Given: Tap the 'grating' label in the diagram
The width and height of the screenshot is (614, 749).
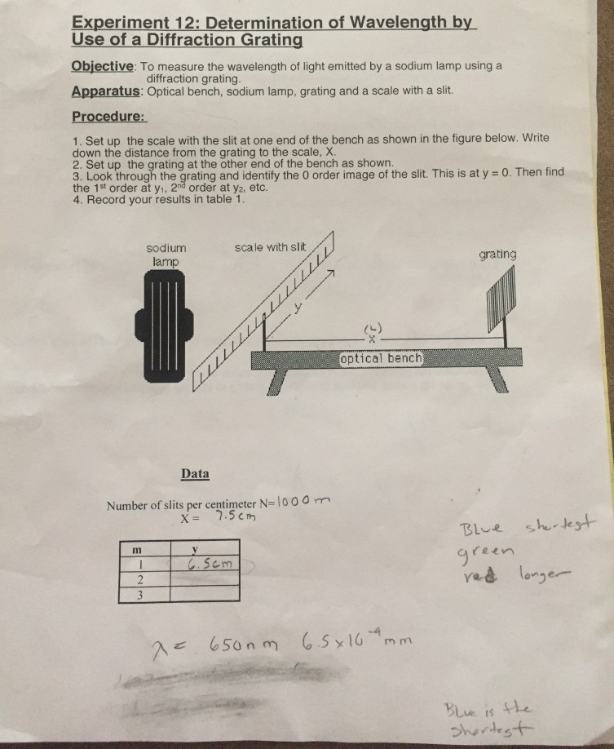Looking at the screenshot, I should coord(497,255).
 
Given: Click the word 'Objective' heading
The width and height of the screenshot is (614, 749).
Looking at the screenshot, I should coord(103,66).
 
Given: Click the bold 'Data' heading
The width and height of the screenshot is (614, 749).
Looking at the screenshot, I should coord(195,473).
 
